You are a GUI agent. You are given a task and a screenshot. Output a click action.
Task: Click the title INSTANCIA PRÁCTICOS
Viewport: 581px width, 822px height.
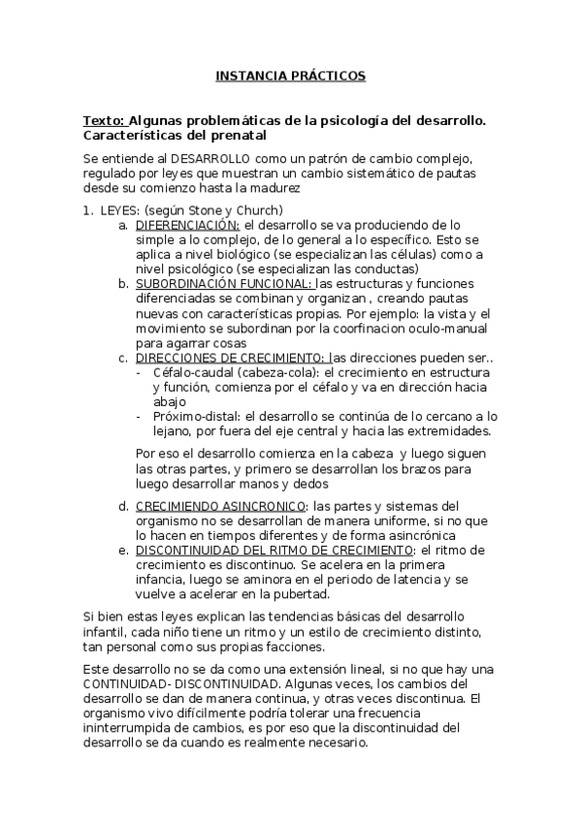tap(290, 75)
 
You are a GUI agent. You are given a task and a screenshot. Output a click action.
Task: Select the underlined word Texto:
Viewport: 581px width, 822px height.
tap(104, 120)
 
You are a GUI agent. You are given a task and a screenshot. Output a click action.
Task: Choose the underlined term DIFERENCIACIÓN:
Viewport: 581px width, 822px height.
tap(188, 224)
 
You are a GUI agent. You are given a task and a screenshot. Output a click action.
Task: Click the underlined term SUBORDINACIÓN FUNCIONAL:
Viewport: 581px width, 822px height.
tap(225, 283)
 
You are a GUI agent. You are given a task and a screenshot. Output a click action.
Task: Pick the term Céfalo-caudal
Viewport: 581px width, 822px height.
tap(190, 372)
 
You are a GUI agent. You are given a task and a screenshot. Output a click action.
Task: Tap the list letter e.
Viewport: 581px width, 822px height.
tap(123, 550)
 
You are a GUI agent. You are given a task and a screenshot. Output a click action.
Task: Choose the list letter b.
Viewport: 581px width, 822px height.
tap(123, 283)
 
